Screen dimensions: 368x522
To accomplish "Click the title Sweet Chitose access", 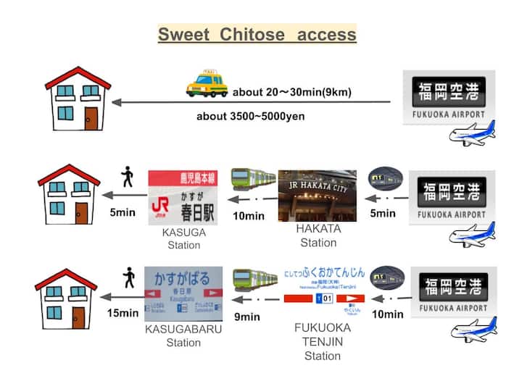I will [257, 34].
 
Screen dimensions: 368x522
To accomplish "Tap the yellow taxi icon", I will [207, 84].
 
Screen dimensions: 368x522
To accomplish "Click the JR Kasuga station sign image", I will [183, 196].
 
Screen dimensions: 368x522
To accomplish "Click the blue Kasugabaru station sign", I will [183, 293].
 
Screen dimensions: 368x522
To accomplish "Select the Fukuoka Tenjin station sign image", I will [323, 286].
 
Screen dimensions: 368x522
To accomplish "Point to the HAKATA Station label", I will [318, 235].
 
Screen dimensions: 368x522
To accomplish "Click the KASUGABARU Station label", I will [183, 335].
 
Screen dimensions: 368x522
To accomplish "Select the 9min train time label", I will [247, 316].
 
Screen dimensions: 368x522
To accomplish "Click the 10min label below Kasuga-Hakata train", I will [249, 216].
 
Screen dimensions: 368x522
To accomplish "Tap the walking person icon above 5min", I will [128, 177].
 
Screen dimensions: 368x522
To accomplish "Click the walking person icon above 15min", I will [130, 277].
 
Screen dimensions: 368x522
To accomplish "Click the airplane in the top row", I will [471, 133].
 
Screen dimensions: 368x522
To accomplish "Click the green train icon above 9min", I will [254, 280].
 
